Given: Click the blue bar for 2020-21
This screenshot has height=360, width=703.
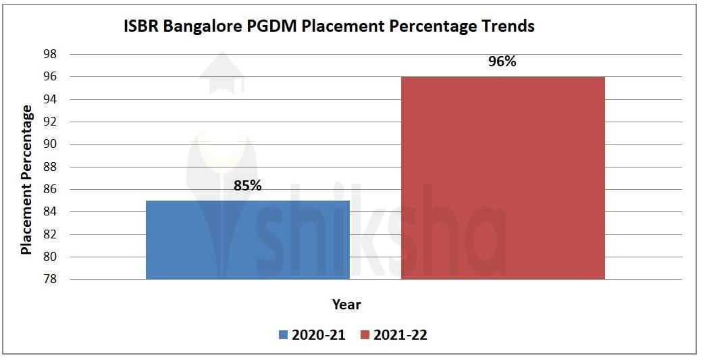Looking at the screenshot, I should point(248,240).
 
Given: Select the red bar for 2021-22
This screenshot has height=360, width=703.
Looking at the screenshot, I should point(502,178).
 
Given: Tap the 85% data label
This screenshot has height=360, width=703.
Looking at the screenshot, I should point(248,185).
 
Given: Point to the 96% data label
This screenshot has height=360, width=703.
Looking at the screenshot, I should point(502,61).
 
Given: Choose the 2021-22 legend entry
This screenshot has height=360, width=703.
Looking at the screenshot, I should point(393,335).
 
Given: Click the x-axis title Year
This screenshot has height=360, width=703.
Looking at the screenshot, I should point(346,305).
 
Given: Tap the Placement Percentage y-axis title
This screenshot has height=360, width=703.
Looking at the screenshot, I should point(26,179).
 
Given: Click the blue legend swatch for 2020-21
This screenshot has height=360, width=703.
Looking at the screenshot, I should point(283,335).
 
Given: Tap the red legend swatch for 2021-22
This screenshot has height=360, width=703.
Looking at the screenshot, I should point(365,335).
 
